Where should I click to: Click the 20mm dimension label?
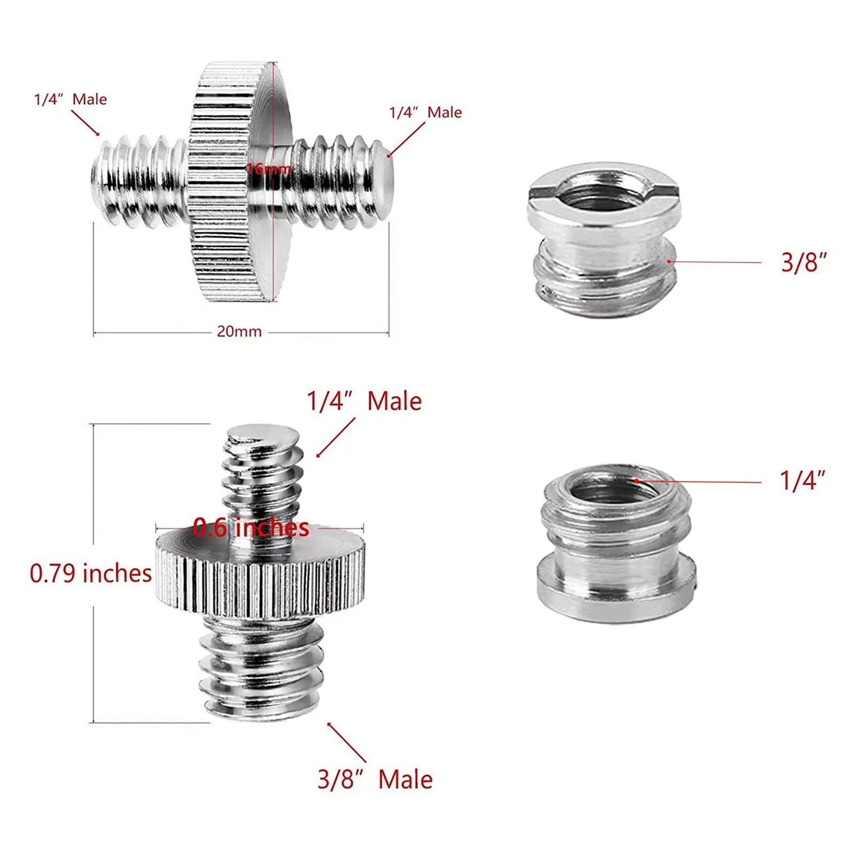[239, 332]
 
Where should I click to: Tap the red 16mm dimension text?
[269, 169]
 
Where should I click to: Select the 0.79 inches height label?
[91, 573]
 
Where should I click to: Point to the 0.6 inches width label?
[251, 527]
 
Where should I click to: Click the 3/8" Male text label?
[375, 780]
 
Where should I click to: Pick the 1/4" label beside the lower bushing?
[803, 480]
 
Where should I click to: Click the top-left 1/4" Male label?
[71, 99]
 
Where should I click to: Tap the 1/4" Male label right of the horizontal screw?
[425, 112]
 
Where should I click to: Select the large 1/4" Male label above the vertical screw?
[364, 401]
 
